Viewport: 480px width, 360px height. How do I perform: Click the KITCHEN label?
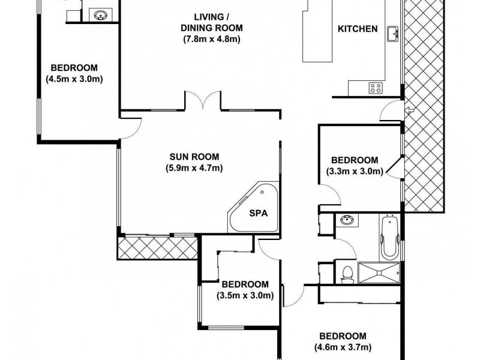point(358,29)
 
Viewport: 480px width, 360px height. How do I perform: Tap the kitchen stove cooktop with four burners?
point(376,89)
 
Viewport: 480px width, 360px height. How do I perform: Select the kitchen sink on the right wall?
point(392,34)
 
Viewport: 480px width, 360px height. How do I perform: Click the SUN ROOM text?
point(194,157)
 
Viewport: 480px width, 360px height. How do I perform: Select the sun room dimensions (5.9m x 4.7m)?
point(194,168)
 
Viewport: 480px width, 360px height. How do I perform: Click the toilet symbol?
point(344,274)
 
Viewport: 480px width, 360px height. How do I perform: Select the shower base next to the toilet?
point(378,272)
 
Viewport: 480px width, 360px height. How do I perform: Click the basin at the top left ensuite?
point(98,13)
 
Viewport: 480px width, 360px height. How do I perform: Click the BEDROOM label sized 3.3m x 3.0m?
point(355,160)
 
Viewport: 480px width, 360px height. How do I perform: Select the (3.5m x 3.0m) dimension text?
point(245,295)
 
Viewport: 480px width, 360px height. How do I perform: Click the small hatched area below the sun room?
point(158,247)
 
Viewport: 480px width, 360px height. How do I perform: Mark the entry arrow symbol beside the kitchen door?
point(409,110)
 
